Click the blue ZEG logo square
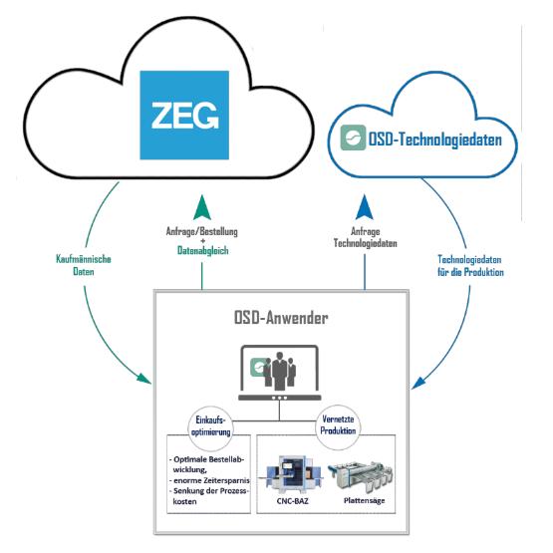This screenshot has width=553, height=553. [x=184, y=115]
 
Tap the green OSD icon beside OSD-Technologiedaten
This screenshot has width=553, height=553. [x=353, y=138]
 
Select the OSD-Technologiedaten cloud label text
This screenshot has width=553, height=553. [x=434, y=139]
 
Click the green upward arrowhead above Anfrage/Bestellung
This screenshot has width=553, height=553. [x=202, y=207]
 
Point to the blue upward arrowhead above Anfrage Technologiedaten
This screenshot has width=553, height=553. [x=365, y=207]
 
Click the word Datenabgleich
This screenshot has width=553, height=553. [x=203, y=250]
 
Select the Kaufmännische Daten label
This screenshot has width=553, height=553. [x=84, y=265]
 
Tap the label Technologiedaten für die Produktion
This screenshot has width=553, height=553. [x=470, y=266]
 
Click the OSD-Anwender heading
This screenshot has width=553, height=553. [x=281, y=318]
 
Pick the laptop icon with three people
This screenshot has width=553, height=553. [x=280, y=373]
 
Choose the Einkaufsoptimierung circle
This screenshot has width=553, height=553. [x=210, y=428]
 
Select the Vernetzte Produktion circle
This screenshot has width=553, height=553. [x=338, y=427]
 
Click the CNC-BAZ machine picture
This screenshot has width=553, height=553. [x=292, y=473]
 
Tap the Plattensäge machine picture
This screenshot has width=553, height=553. [x=360, y=475]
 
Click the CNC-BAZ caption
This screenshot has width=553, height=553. [x=292, y=501]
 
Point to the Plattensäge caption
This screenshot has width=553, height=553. [x=364, y=500]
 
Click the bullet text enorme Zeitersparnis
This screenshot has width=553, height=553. [x=209, y=480]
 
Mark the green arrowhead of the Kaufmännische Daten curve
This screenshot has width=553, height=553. [x=144, y=379]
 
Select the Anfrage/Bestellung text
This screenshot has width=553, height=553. [x=202, y=232]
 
